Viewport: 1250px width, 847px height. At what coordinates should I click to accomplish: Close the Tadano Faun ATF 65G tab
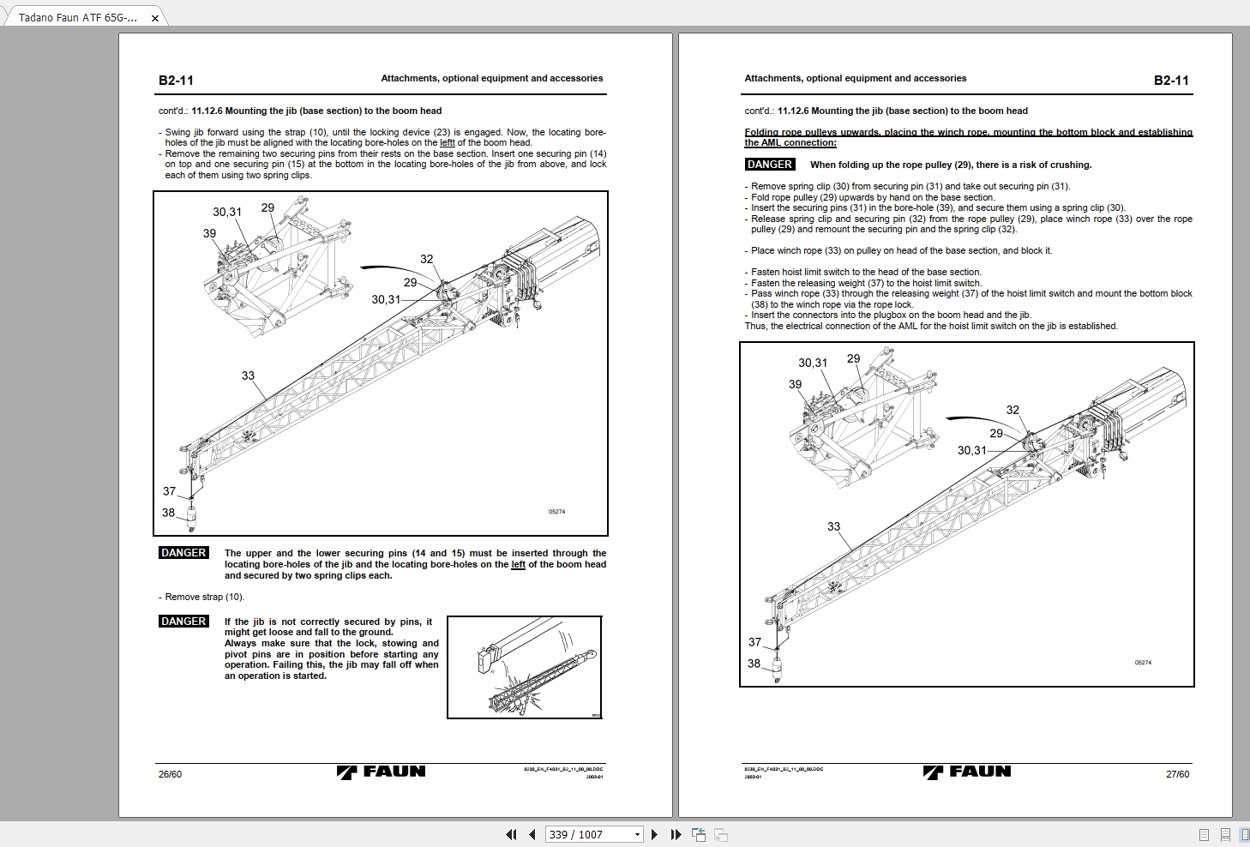[154, 18]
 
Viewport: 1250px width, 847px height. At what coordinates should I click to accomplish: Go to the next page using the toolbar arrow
[655, 834]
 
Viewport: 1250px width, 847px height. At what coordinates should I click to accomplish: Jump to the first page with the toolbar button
[512, 834]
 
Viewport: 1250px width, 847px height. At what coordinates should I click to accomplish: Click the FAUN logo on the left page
[381, 772]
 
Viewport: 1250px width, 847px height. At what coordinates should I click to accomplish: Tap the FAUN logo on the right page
[967, 772]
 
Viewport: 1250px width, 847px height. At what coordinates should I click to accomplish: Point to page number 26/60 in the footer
[170, 774]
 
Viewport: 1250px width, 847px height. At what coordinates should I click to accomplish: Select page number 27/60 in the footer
[1177, 774]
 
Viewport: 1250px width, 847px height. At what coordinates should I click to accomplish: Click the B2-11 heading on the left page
[176, 81]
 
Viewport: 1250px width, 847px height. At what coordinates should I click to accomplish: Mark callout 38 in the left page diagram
[168, 513]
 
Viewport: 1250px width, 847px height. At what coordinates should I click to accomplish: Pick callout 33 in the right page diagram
[833, 526]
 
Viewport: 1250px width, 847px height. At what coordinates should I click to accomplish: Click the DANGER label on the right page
[770, 165]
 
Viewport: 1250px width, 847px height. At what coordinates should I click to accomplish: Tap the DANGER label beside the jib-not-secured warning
[183, 622]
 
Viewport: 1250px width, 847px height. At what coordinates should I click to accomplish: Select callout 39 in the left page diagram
[209, 233]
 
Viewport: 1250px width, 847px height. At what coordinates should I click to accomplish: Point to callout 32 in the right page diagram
[1013, 410]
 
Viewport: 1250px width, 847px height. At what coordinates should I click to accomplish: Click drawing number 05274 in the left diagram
[556, 512]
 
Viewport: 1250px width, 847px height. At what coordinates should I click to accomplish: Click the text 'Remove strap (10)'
[204, 597]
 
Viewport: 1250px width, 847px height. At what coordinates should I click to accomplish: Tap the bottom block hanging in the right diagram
[778, 668]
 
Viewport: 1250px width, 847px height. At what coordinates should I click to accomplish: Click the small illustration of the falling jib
[525, 667]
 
